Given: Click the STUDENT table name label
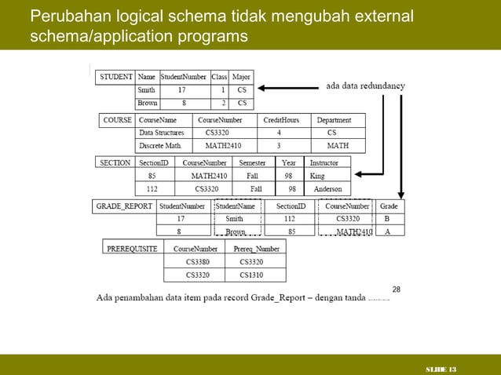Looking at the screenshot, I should [x=115, y=78].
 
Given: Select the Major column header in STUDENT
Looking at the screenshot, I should [x=241, y=78].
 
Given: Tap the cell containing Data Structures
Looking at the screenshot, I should [x=161, y=133].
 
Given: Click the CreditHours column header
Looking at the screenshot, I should [x=280, y=121].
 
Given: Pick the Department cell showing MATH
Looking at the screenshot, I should [x=338, y=145].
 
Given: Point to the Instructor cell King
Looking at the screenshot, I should [x=317, y=177].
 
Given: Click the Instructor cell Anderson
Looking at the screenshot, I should [x=327, y=189].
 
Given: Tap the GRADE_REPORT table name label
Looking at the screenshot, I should [x=123, y=206].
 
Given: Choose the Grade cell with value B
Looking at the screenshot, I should [x=387, y=219].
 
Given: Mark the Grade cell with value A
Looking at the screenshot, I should [x=387, y=231].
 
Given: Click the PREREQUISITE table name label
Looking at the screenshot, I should [x=132, y=248].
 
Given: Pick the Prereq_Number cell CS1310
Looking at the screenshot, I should [x=251, y=275].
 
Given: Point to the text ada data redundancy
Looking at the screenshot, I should [x=365, y=86].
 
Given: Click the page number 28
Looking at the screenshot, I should [x=397, y=289].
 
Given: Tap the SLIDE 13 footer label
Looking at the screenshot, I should [x=441, y=369].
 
